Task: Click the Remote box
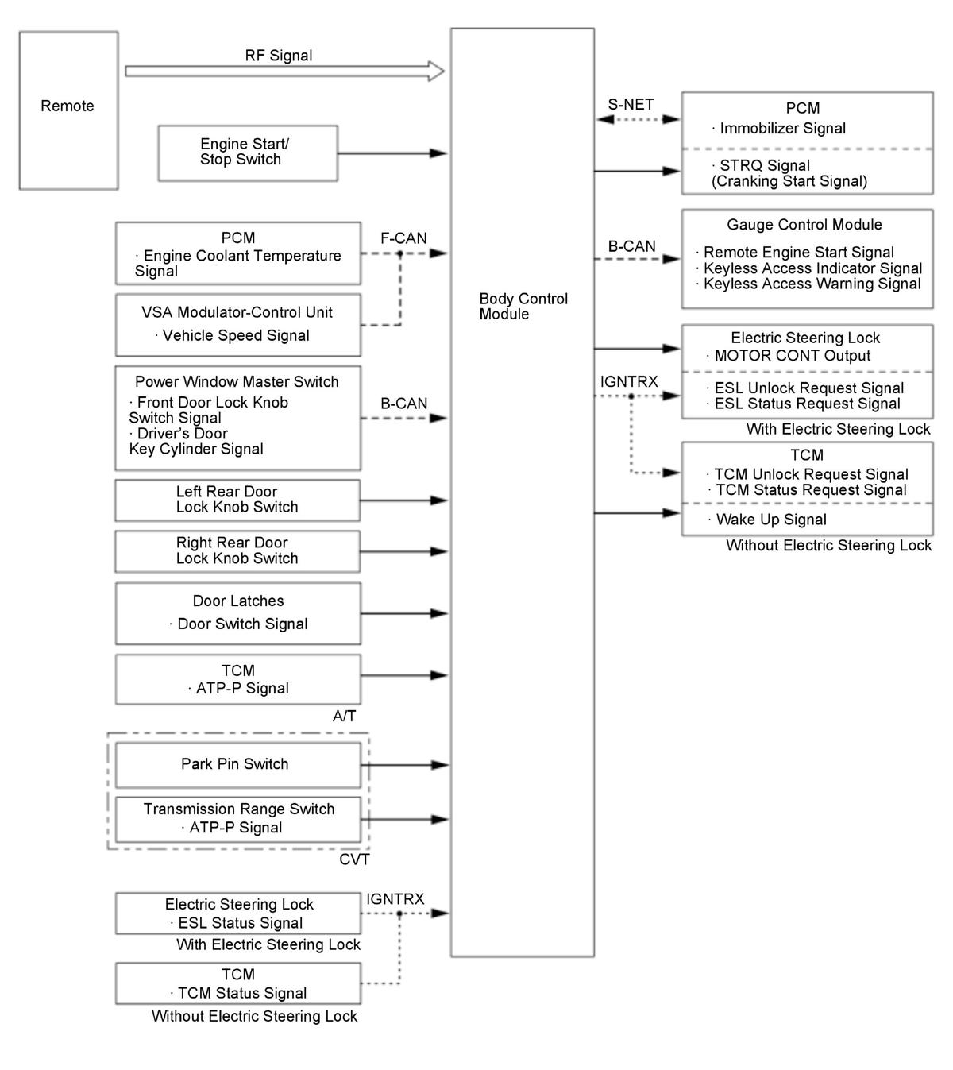[x=68, y=110]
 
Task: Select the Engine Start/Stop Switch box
[x=247, y=153]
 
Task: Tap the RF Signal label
[x=278, y=56]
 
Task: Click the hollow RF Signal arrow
[x=284, y=71]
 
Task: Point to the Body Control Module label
[x=523, y=307]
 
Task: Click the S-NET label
[x=631, y=104]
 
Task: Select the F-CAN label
[x=403, y=238]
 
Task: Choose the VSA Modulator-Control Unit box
[x=237, y=324]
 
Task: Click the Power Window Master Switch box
[x=237, y=417]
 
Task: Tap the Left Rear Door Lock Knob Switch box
[x=237, y=500]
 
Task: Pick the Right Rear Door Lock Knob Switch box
[x=237, y=550]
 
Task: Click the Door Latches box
[x=237, y=612]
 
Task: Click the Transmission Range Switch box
[x=237, y=818]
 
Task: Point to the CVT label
[x=354, y=859]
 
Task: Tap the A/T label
[x=344, y=717]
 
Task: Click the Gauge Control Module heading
[x=804, y=225]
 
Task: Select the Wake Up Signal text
[x=770, y=520]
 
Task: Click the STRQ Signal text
[x=764, y=165]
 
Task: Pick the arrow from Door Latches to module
[x=405, y=613]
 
